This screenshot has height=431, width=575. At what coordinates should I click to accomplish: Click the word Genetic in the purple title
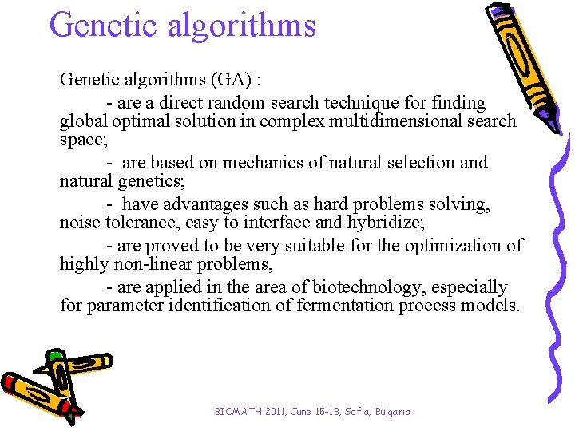(x=103, y=25)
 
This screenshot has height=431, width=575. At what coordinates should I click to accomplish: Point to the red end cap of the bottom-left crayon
(x=10, y=382)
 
